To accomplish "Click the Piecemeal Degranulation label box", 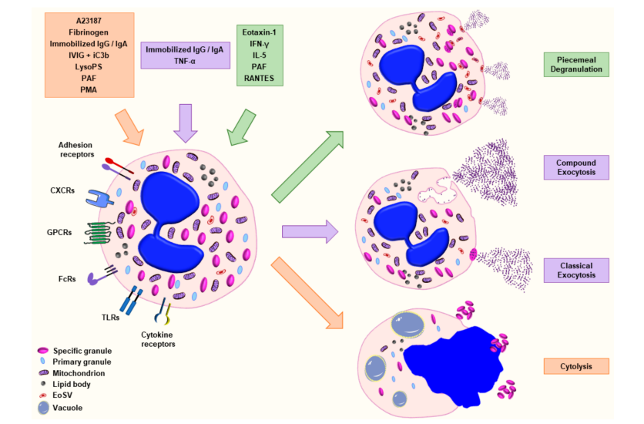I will pos(576,64).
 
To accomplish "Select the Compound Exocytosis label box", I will pos(576,167).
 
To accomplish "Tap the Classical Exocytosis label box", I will pos(576,270).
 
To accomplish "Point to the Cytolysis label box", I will pos(576,366).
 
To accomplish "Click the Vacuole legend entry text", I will pos(69,407).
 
